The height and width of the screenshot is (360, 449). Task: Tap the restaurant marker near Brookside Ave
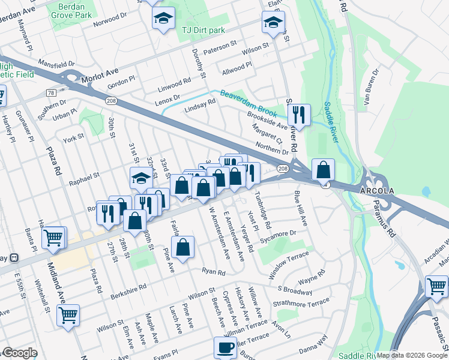(298, 114)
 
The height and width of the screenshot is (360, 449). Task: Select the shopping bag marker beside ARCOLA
(323, 170)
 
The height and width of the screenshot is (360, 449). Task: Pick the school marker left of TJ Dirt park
(163, 20)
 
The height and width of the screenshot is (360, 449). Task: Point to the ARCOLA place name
(378, 190)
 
